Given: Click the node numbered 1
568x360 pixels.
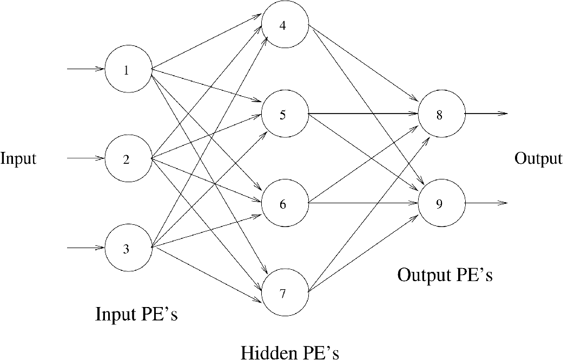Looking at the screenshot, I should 127,70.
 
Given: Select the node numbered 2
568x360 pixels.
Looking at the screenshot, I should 127,159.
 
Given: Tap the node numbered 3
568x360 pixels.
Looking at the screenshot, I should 127,249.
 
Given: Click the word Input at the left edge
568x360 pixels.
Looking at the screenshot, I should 18,159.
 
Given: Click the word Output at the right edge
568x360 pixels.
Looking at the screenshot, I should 538,159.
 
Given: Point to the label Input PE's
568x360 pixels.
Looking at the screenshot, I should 136,314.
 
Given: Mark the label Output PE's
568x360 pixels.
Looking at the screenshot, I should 445,275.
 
